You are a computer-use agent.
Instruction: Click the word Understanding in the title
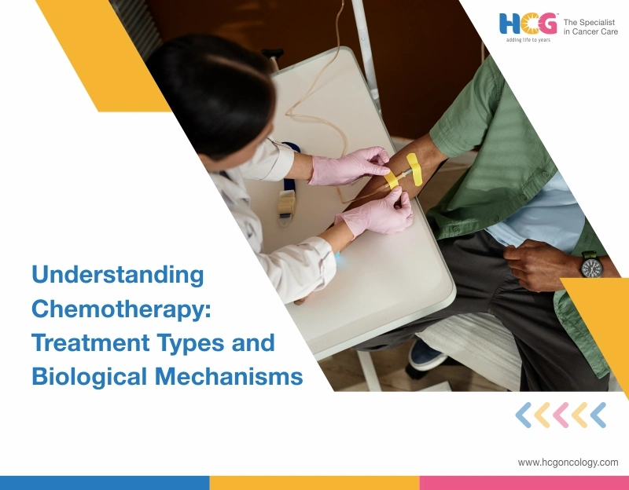(117, 276)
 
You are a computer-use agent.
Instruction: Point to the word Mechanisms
(229, 376)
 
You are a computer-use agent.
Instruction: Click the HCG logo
(528, 24)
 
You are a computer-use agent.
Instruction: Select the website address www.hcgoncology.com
(568, 463)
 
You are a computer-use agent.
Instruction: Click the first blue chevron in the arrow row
(523, 415)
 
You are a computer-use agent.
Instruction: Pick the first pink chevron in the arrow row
(561, 415)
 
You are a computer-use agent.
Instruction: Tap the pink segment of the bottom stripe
(524, 482)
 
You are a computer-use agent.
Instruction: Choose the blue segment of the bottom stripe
(105, 482)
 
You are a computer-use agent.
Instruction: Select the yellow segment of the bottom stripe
(314, 482)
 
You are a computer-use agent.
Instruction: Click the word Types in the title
(200, 342)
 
